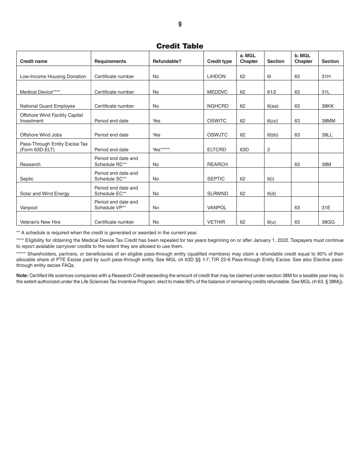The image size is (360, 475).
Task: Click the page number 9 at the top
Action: (x=180, y=24)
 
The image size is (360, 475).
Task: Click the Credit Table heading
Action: (x=180, y=46)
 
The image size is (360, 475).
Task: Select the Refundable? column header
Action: (x=167, y=61)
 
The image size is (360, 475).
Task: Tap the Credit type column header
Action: (x=219, y=61)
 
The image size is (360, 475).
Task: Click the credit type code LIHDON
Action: (x=216, y=77)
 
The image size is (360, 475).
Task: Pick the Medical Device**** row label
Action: (x=40, y=92)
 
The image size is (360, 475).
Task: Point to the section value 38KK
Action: (x=327, y=106)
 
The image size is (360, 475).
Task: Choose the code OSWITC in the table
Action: (x=217, y=121)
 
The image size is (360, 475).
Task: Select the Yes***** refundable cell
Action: (x=161, y=150)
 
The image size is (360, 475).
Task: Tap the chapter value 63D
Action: (x=244, y=150)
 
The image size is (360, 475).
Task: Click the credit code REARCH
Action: (x=218, y=165)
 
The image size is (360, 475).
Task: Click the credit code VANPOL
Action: (x=217, y=208)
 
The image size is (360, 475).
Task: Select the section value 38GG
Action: (x=328, y=222)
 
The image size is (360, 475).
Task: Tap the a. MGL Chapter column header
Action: (x=249, y=58)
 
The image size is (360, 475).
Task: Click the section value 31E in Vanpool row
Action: (x=326, y=208)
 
